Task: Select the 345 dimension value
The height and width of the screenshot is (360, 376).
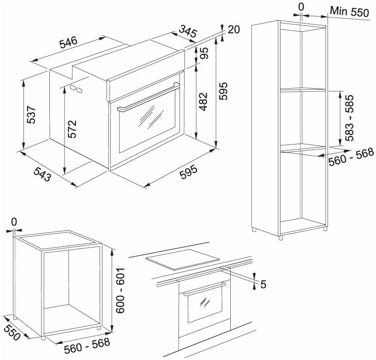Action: point(188,32)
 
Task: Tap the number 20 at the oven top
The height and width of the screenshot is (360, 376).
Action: point(234,30)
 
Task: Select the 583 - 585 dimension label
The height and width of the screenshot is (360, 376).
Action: point(349,118)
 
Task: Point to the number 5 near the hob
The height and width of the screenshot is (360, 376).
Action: point(263,284)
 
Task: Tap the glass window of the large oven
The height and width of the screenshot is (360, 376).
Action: point(147,122)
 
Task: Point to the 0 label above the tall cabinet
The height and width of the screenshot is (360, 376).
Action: point(301,7)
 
